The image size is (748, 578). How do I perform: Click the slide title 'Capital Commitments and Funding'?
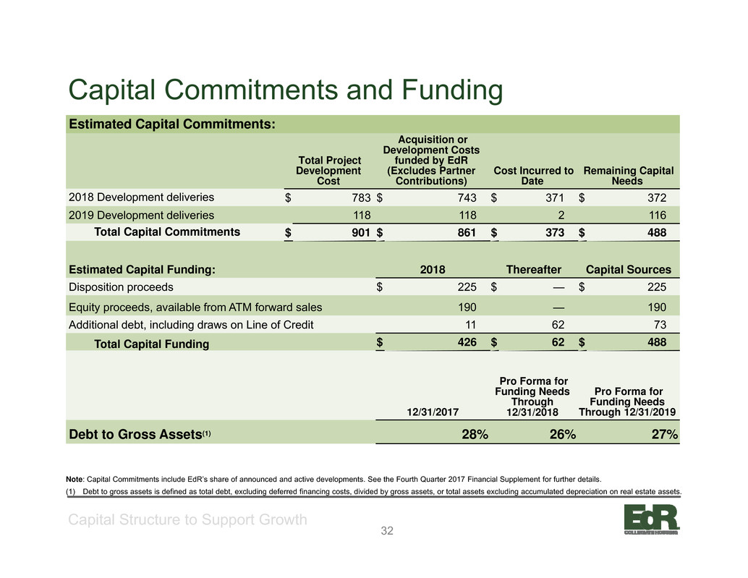285,90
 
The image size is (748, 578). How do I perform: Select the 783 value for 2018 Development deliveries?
361,198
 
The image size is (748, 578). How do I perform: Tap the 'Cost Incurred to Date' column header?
533,176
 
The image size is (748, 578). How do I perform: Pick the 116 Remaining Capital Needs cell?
657,216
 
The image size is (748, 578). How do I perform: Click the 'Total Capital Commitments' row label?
167,231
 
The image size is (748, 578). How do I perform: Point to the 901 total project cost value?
361,232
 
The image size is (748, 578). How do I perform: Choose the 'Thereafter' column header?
533,270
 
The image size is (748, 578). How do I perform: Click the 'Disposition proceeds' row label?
121,287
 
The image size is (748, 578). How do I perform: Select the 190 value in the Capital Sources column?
657,307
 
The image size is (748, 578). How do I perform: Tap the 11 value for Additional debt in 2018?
470,326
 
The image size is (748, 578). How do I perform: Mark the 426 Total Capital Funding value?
467,342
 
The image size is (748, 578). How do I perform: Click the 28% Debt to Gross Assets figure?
475,435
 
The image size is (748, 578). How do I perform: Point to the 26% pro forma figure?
562,435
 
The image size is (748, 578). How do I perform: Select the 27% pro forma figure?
665,435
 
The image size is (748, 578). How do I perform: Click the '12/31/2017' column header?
433,412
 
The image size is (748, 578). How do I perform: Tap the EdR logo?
651,519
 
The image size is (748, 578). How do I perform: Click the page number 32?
387,531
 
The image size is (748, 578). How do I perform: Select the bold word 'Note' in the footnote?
75,480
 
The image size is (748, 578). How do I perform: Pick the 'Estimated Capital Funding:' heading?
143,270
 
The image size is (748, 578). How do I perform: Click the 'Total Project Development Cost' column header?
328,171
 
